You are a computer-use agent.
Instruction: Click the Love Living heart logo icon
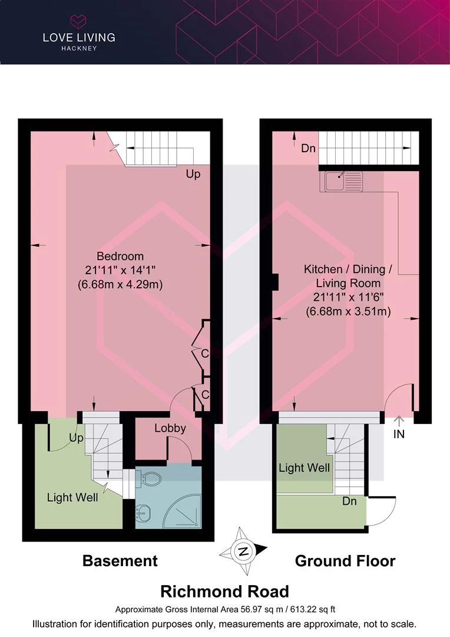pos(79,21)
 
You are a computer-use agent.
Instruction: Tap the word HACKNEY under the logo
pos(79,48)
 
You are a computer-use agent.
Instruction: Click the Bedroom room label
pos(120,257)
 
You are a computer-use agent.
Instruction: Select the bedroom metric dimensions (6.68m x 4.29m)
pos(120,284)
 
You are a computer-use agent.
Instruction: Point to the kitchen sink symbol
pos(343,181)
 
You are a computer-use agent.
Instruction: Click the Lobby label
pos(170,428)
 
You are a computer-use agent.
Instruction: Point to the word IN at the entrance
pos(399,434)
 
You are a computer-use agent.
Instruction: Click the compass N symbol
pos(243,551)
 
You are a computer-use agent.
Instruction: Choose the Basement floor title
pos(120,561)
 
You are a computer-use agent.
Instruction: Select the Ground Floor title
pos(345,561)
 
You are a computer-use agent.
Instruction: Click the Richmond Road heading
pos(225,592)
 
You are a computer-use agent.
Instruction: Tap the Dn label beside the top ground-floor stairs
pos(308,148)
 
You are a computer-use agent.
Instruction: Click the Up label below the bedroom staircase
pos(193,174)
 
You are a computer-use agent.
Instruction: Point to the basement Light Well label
pos(72,498)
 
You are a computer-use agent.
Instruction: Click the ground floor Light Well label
pos(305,468)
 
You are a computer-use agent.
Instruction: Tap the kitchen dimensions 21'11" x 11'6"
pos(348,297)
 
